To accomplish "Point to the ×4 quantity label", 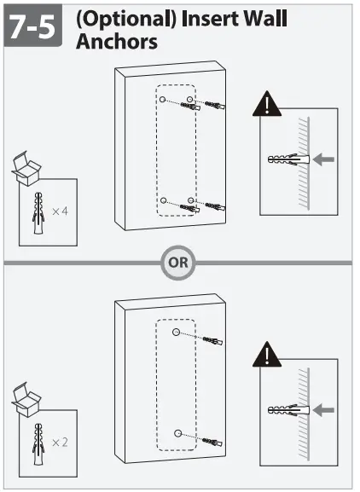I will (x=60, y=210).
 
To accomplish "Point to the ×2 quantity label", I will (x=60, y=443).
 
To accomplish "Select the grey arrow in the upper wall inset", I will (x=323, y=159).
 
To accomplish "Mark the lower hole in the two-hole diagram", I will (x=177, y=433).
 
